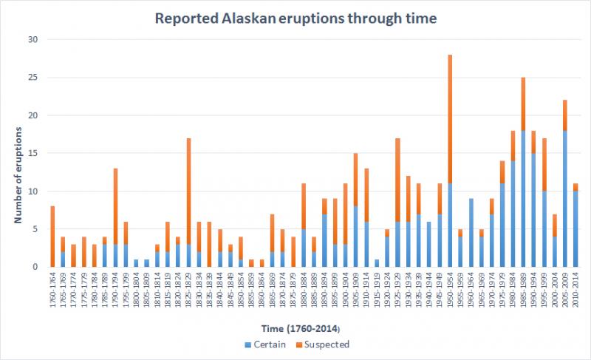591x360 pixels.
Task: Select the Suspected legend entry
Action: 325,344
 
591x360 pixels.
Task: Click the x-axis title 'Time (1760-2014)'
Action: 295,329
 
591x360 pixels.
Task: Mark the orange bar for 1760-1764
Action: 52,237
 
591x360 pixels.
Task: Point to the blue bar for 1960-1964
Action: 471,232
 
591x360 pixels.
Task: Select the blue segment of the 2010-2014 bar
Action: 575,228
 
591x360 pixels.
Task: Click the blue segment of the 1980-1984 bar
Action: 513,214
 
